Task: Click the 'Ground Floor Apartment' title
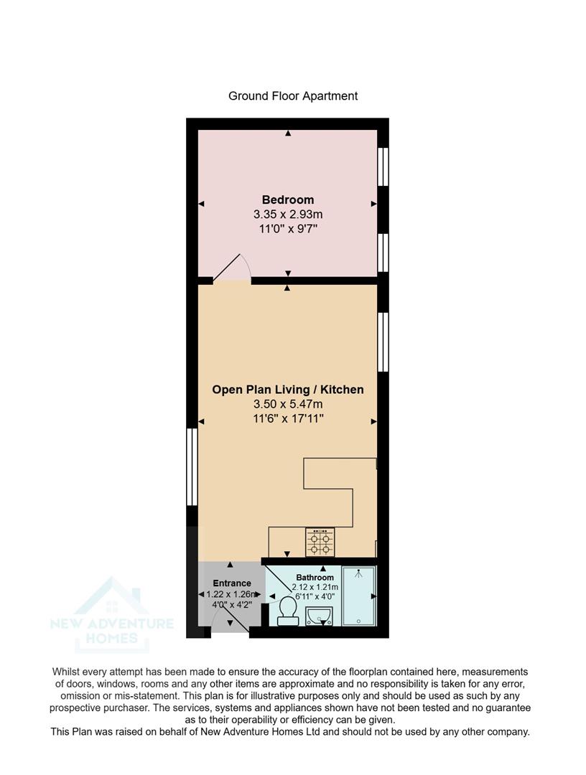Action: (x=292, y=95)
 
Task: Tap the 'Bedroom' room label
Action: (x=287, y=199)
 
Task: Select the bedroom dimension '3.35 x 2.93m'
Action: (x=287, y=215)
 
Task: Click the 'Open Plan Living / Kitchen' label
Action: (x=287, y=390)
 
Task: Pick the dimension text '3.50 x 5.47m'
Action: (x=287, y=405)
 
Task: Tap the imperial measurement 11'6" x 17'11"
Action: (x=287, y=419)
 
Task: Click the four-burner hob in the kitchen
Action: (x=320, y=542)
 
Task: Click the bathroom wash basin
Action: (x=319, y=616)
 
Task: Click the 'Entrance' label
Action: (x=232, y=583)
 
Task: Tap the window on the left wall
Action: (x=192, y=466)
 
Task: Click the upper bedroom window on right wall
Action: (x=383, y=166)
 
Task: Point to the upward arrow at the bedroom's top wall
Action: (x=288, y=133)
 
